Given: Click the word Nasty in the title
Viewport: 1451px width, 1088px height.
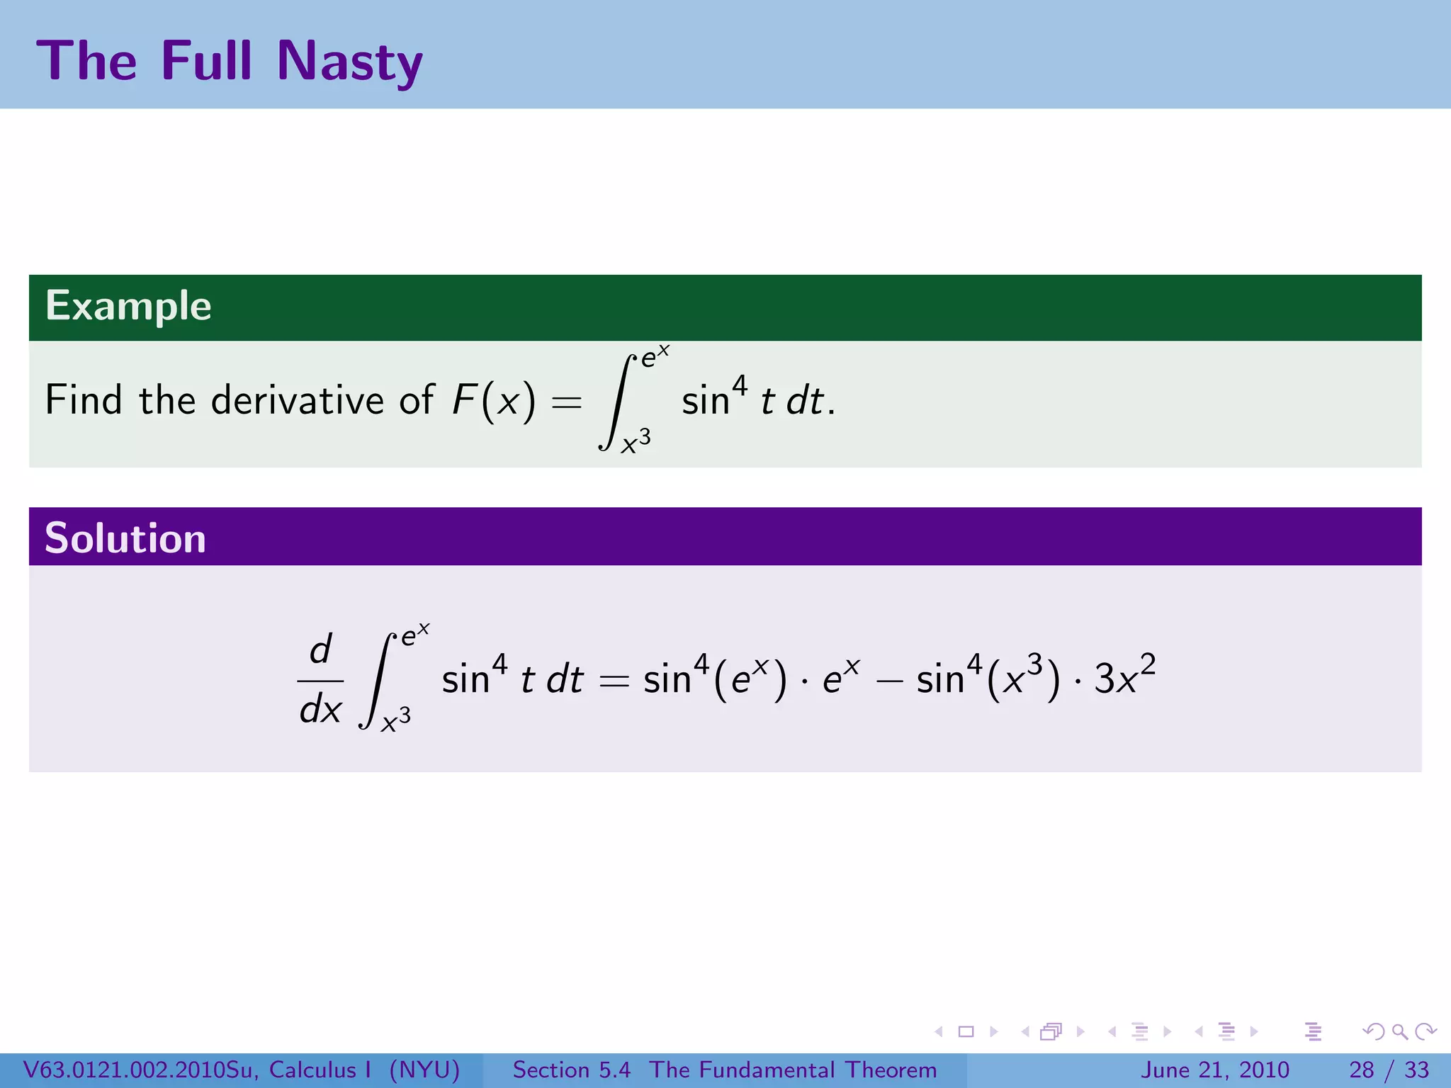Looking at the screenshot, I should (x=349, y=62).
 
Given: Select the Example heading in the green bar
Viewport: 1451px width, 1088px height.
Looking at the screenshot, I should (x=128, y=306).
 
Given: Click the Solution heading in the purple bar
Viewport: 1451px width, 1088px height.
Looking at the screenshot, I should (x=125, y=538).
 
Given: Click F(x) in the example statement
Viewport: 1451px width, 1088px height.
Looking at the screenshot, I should (x=494, y=400).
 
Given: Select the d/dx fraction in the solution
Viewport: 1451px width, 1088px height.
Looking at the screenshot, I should (x=320, y=680).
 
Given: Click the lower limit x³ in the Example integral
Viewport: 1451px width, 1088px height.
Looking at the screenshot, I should (x=636, y=442).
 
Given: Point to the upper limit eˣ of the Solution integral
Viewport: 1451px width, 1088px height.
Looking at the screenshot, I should (x=414, y=633).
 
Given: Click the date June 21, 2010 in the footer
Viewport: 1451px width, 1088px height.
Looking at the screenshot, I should (x=1214, y=1070).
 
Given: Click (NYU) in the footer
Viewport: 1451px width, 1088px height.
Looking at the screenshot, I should (x=424, y=1070).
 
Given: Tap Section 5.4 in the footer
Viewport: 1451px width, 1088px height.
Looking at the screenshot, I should (x=571, y=1070).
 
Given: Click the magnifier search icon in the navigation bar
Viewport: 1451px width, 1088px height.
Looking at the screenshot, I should (x=1399, y=1031).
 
